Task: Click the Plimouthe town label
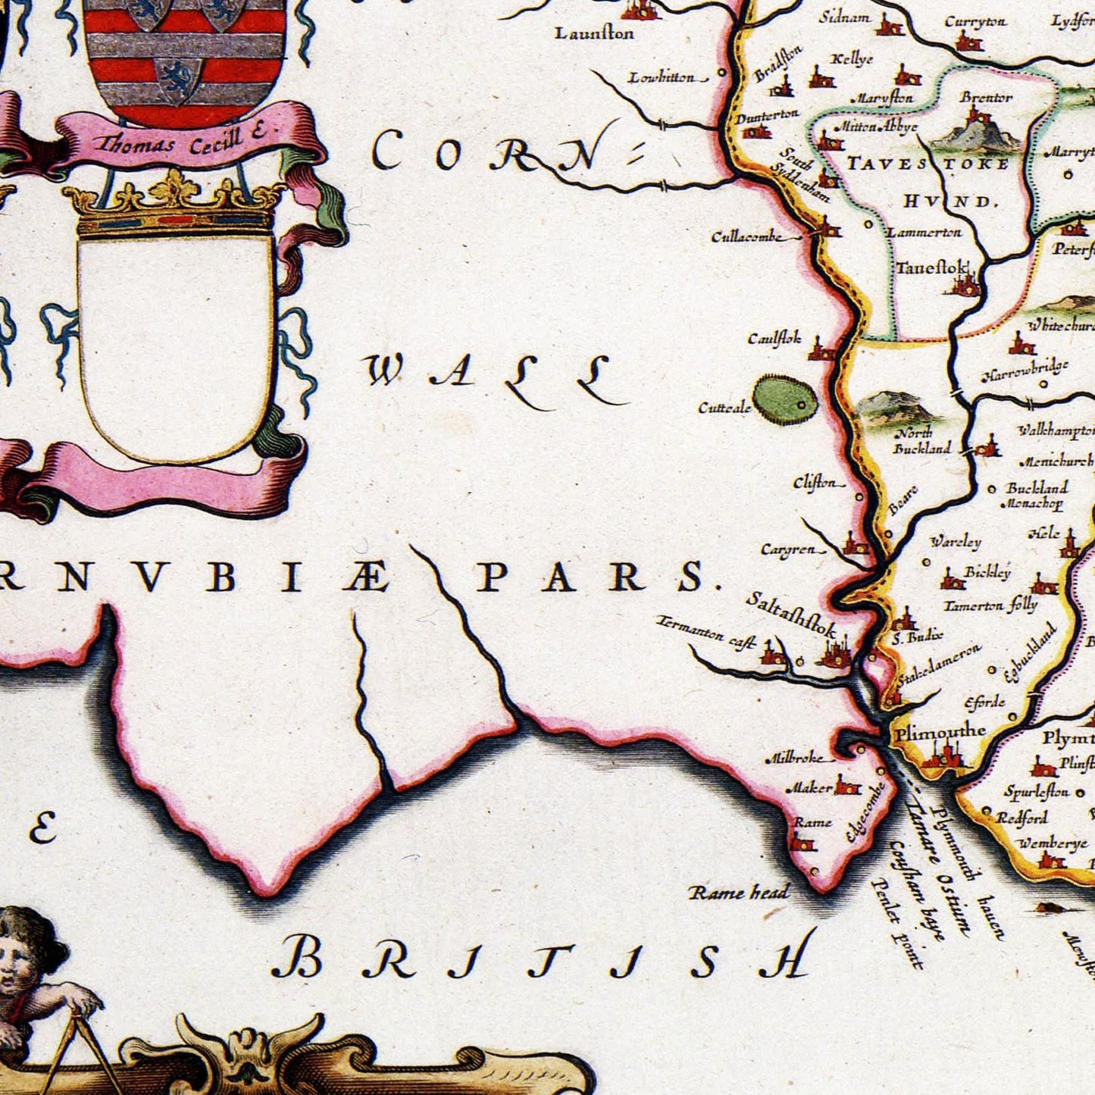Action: pos(940,732)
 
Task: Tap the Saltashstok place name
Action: pos(791,613)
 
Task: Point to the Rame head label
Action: pos(739,893)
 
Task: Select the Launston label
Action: pos(594,33)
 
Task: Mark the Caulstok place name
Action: pos(774,339)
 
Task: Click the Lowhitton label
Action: pos(661,77)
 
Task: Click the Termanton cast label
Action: pos(705,634)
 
